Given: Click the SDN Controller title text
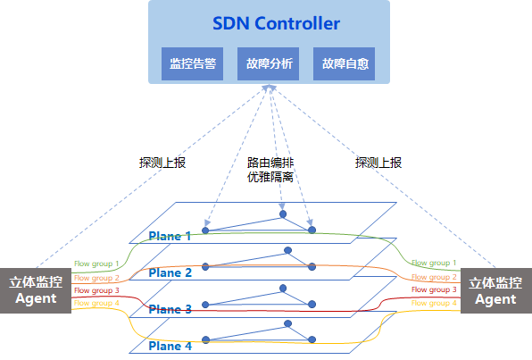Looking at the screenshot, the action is [276, 23].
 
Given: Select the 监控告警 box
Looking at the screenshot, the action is [193, 63].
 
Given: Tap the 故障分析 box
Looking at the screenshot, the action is [268, 63].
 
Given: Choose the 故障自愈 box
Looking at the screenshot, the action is [344, 63].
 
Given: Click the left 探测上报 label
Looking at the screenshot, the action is [162, 163].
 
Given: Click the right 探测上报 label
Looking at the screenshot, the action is [378, 163].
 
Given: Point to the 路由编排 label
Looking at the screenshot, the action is [270, 163].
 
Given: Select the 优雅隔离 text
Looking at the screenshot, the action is [270, 177].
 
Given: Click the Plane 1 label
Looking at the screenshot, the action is [170, 236].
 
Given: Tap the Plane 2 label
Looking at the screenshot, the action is [170, 272].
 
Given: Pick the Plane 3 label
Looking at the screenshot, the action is [170, 309].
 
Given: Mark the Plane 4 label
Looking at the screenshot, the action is [170, 346].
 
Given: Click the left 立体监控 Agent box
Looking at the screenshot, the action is [36, 290].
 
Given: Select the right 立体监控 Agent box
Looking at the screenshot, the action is [496, 290].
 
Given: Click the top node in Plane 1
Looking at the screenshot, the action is [283, 214].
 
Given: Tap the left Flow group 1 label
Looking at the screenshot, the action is [96, 264].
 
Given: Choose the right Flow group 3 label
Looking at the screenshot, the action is [434, 289].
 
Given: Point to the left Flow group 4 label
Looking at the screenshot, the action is [96, 303].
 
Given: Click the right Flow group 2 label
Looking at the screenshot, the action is [434, 277].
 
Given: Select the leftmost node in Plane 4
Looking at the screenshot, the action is [205, 339].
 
